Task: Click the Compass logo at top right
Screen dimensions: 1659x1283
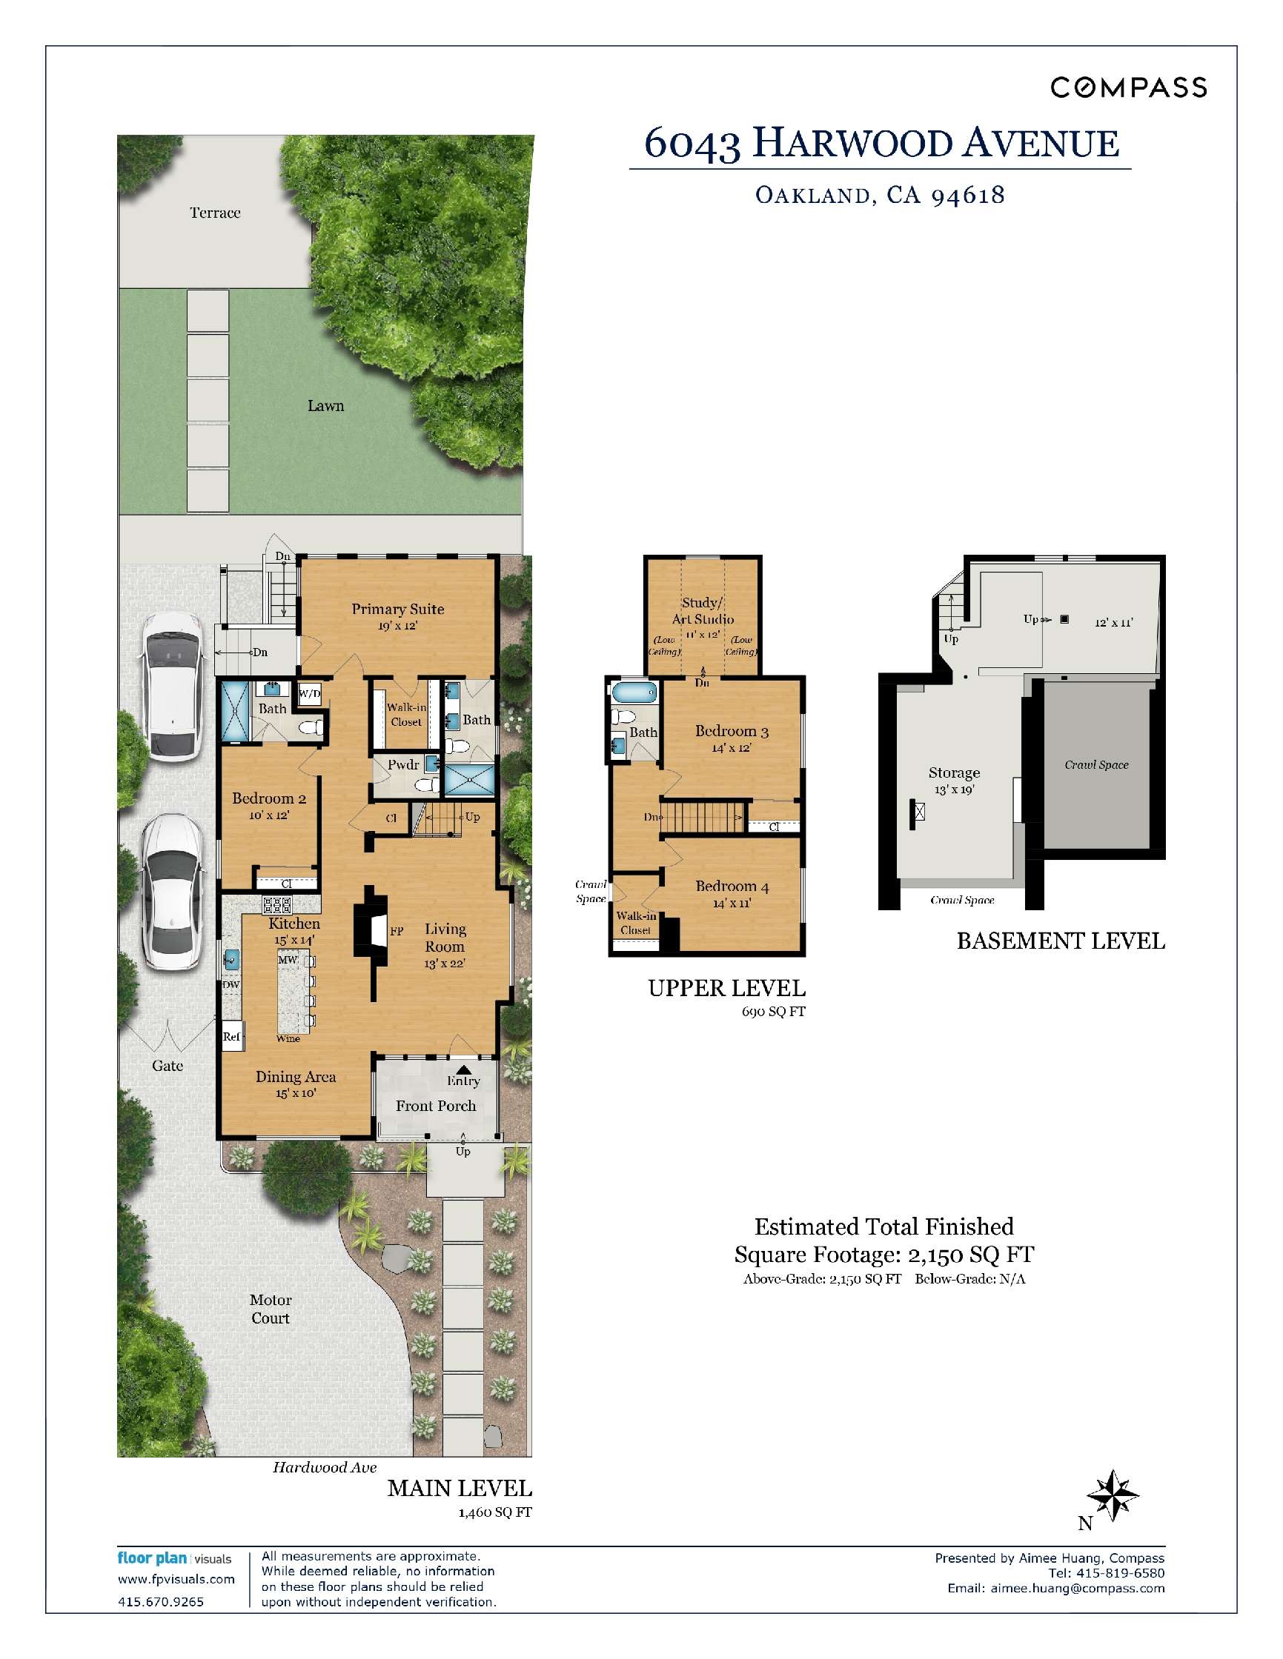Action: point(1128,88)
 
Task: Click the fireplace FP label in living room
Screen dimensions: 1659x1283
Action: point(396,930)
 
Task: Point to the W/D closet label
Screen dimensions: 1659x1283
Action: point(309,693)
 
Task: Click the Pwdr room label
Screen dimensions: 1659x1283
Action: point(403,765)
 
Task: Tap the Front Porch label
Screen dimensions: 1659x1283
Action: point(436,1106)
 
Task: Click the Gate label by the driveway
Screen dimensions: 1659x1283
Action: point(168,1066)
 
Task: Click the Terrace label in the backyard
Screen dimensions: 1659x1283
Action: point(215,213)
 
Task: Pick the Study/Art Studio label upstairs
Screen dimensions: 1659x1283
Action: point(703,611)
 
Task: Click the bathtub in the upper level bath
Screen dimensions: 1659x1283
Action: point(633,692)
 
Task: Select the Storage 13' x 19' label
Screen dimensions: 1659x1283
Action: point(954,780)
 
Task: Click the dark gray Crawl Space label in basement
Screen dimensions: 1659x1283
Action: point(1096,765)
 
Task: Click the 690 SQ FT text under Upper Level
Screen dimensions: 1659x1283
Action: point(773,1012)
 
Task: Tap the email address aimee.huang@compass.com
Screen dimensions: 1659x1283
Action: point(1077,1588)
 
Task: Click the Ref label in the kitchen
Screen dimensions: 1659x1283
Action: point(231,1036)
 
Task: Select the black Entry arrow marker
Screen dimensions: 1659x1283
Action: point(464,1069)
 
